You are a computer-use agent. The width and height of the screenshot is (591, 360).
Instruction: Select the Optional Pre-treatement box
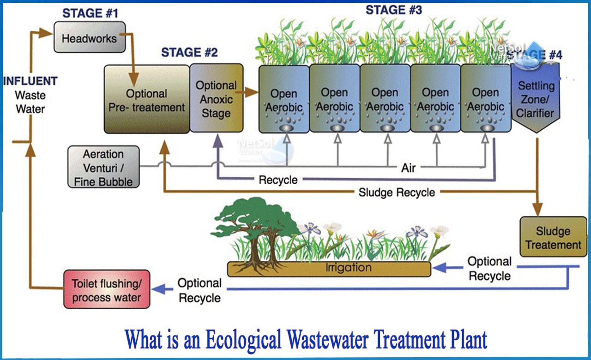(x=146, y=99)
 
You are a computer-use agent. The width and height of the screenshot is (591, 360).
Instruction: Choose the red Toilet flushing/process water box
(x=106, y=289)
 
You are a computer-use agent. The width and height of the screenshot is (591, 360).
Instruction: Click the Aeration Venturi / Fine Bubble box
(x=103, y=167)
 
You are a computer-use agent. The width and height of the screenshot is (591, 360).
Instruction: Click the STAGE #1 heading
(x=90, y=13)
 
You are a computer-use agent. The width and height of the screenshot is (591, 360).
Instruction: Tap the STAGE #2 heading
(x=189, y=53)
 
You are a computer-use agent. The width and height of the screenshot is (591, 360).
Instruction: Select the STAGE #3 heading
(x=393, y=10)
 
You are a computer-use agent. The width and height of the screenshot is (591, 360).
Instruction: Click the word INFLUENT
(x=30, y=81)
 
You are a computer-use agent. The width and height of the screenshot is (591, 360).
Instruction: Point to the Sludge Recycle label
(x=397, y=192)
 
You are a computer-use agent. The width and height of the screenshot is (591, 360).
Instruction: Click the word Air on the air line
(x=408, y=168)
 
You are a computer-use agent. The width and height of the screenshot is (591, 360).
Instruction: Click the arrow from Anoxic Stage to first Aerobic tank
(x=250, y=92)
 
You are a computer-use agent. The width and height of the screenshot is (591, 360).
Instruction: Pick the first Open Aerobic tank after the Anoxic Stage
(x=283, y=99)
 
